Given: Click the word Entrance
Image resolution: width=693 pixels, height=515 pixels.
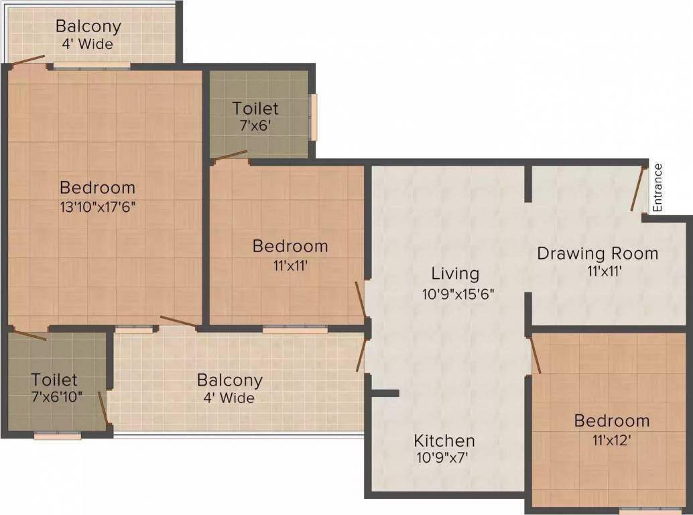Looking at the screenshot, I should coord(657,188).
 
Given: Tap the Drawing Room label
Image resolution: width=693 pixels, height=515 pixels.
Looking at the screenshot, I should coord(597,253).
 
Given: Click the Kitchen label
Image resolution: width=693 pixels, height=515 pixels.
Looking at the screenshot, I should coord(444,441).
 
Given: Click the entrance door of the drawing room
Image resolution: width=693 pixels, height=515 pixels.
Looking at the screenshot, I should coord(637,188).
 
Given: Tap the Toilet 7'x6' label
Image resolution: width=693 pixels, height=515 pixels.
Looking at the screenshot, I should coord(255,108).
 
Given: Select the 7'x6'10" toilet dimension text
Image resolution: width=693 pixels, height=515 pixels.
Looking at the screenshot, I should coord(57,396).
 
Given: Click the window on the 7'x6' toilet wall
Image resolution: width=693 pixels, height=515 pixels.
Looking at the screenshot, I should coord(313,117).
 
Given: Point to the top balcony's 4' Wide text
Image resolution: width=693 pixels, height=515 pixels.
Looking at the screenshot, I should coord(88,45).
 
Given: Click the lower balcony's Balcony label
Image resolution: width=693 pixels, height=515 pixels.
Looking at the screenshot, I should coord(229,380).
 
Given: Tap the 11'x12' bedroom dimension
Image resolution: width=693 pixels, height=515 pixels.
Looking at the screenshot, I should coord(611,441).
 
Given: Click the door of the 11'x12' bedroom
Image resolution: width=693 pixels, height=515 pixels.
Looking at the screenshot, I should coord(535,355).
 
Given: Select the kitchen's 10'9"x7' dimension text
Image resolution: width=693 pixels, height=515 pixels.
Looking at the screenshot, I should coord(444,459).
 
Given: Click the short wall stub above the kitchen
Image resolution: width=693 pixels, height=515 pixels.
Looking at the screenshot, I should coord(385,393).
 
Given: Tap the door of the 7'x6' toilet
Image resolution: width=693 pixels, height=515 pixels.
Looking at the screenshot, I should coord(229,156).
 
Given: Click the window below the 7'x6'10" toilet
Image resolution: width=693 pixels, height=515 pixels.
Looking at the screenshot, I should coord(58,436).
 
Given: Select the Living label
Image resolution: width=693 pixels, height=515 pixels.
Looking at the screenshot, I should coord(455,274).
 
